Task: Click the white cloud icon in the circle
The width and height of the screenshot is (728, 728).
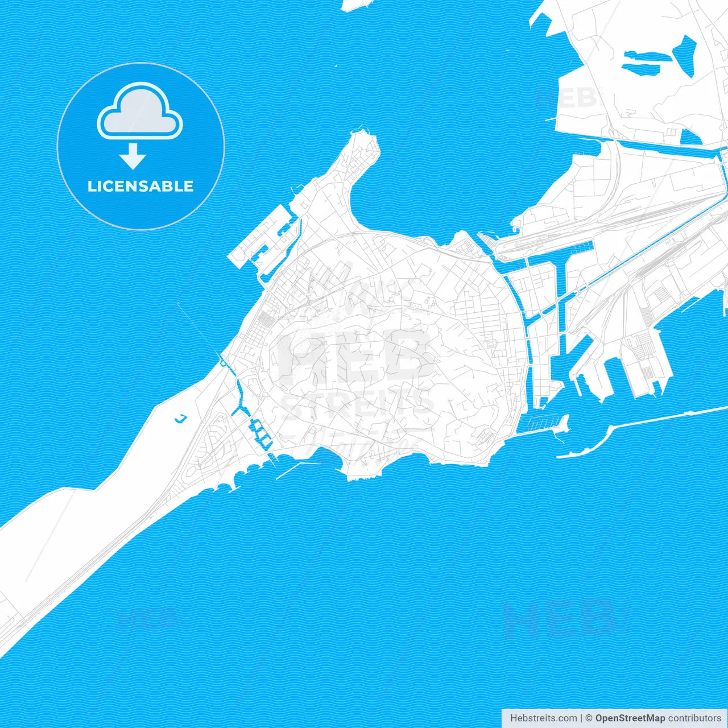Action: pyautogui.click(x=140, y=113)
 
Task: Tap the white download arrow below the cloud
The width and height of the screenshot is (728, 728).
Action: pyautogui.click(x=133, y=157)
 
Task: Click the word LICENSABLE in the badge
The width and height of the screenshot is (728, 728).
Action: pyautogui.click(x=140, y=186)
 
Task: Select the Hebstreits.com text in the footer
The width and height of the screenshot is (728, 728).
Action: pyautogui.click(x=543, y=718)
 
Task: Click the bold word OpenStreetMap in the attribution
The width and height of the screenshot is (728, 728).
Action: pyautogui.click(x=630, y=718)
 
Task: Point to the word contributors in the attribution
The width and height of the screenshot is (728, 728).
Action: pyautogui.click(x=694, y=718)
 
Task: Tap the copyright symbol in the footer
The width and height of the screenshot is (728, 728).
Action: pyautogui.click(x=589, y=718)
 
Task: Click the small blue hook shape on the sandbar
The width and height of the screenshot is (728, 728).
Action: pyautogui.click(x=180, y=419)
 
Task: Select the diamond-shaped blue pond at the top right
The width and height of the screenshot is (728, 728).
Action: pyautogui.click(x=685, y=56)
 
